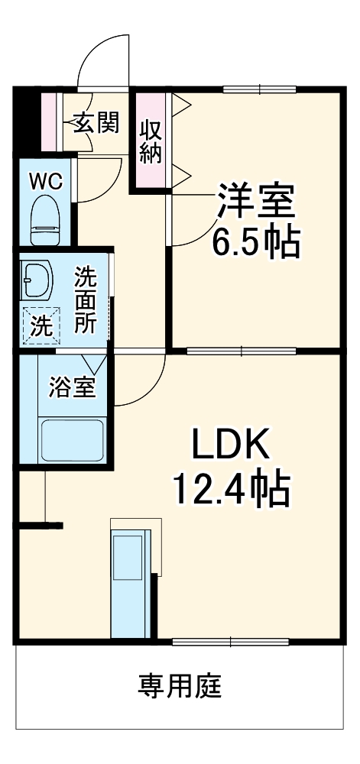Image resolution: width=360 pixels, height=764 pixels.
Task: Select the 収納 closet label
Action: [151, 141]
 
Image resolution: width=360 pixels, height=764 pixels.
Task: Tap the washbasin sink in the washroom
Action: [35, 280]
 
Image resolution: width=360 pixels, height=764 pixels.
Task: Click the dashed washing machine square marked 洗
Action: [41, 325]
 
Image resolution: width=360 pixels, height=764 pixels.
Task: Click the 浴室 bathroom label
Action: [72, 387]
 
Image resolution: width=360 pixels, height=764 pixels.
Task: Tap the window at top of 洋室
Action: [259, 89]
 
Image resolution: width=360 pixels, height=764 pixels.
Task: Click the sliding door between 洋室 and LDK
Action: [241, 351]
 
